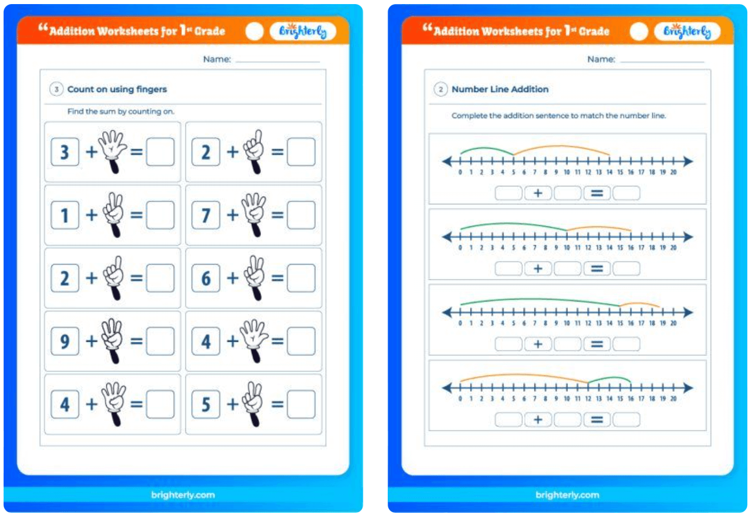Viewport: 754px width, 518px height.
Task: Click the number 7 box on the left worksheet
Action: coord(206,215)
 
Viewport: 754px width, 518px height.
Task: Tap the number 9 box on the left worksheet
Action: coord(65,341)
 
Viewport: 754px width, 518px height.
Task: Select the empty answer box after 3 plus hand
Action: coord(160,152)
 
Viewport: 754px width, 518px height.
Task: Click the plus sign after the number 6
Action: coord(232,278)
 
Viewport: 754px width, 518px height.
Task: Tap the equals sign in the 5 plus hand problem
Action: coord(277,405)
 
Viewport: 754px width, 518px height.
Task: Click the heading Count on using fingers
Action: coord(117,89)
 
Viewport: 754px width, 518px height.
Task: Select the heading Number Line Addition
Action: coord(500,89)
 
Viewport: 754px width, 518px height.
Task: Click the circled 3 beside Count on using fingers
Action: coord(56,89)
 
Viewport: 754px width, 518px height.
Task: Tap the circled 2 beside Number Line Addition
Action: coord(440,89)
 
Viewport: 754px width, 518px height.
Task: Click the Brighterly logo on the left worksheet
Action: coord(302,32)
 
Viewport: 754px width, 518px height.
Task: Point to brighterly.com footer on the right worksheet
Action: coord(567,495)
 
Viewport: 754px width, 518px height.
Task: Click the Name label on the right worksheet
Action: coord(601,60)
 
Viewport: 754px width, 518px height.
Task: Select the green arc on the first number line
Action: coord(486,149)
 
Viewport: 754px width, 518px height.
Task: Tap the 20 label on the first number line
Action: coord(673,173)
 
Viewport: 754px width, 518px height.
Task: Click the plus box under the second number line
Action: coord(538,269)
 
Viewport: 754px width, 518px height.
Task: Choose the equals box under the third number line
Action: coord(597,344)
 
